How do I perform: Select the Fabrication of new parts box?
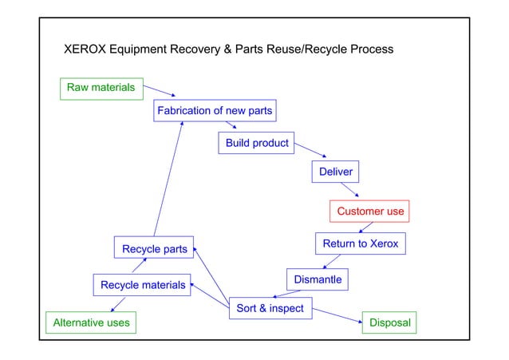point(215,111)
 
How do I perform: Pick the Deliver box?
point(335,172)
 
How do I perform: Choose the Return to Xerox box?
point(360,243)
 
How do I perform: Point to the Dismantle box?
point(318,280)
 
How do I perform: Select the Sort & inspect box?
point(270,308)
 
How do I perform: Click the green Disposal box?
point(390,323)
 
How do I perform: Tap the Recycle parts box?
point(154,249)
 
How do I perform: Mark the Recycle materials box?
point(142,285)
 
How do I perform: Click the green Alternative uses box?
point(89,323)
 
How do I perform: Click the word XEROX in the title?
point(86,49)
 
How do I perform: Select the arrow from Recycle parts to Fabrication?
point(168,180)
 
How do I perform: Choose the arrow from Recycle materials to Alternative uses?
point(118,304)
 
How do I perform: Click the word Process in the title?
point(370,49)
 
